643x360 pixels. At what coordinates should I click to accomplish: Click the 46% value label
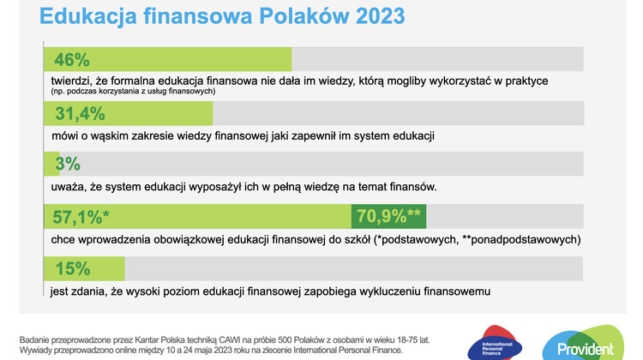pyautogui.click(x=72, y=60)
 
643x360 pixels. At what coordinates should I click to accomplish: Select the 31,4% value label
pyautogui.click(x=80, y=114)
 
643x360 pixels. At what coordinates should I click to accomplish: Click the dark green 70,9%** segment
pyautogui.click(x=388, y=217)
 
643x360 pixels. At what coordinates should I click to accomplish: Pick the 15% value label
pyautogui.click(x=72, y=269)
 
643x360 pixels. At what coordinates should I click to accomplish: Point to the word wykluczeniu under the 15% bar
pyautogui.click(x=400, y=291)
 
